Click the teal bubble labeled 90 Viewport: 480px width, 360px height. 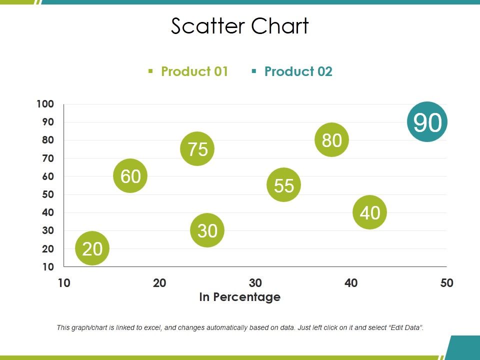click(427, 122)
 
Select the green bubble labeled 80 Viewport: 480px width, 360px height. click(331, 140)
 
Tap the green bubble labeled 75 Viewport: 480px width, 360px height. click(197, 149)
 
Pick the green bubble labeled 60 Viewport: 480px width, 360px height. click(130, 176)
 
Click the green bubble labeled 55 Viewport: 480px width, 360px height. click(284, 185)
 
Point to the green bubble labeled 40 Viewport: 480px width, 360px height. click(370, 212)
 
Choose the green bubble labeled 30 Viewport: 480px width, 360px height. click(207, 230)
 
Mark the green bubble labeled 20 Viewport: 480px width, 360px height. click(92, 248)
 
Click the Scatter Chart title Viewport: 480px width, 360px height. click(240, 26)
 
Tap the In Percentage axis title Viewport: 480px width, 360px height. click(240, 297)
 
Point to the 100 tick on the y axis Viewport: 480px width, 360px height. click(45, 104)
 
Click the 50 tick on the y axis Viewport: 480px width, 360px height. click(48, 194)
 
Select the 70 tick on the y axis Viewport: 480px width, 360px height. click(48, 158)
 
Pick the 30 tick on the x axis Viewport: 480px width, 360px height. click(255, 283)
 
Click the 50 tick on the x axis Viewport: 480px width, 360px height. click(446, 283)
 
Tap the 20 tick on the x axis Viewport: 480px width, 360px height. click(159, 283)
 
